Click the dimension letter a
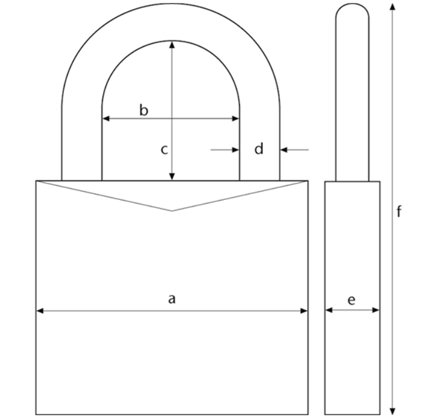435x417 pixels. coord(172,299)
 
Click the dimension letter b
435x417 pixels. coord(144,110)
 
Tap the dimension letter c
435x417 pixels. coord(165,150)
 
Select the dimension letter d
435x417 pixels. coord(259,148)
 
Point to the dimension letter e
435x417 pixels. coord(352,300)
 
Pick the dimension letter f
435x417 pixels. coord(399,211)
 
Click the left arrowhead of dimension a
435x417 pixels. coord(40,311)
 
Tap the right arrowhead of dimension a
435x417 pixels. coord(304,311)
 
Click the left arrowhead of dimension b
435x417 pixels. coord(106,119)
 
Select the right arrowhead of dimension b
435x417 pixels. coord(236,119)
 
